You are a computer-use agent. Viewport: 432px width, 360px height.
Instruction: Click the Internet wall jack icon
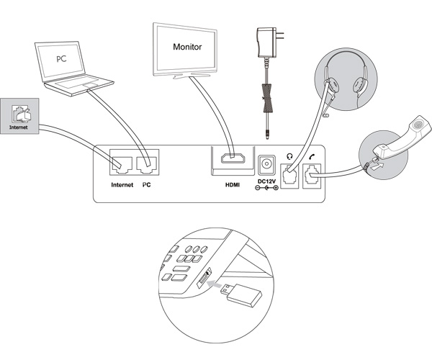pos(20,114)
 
